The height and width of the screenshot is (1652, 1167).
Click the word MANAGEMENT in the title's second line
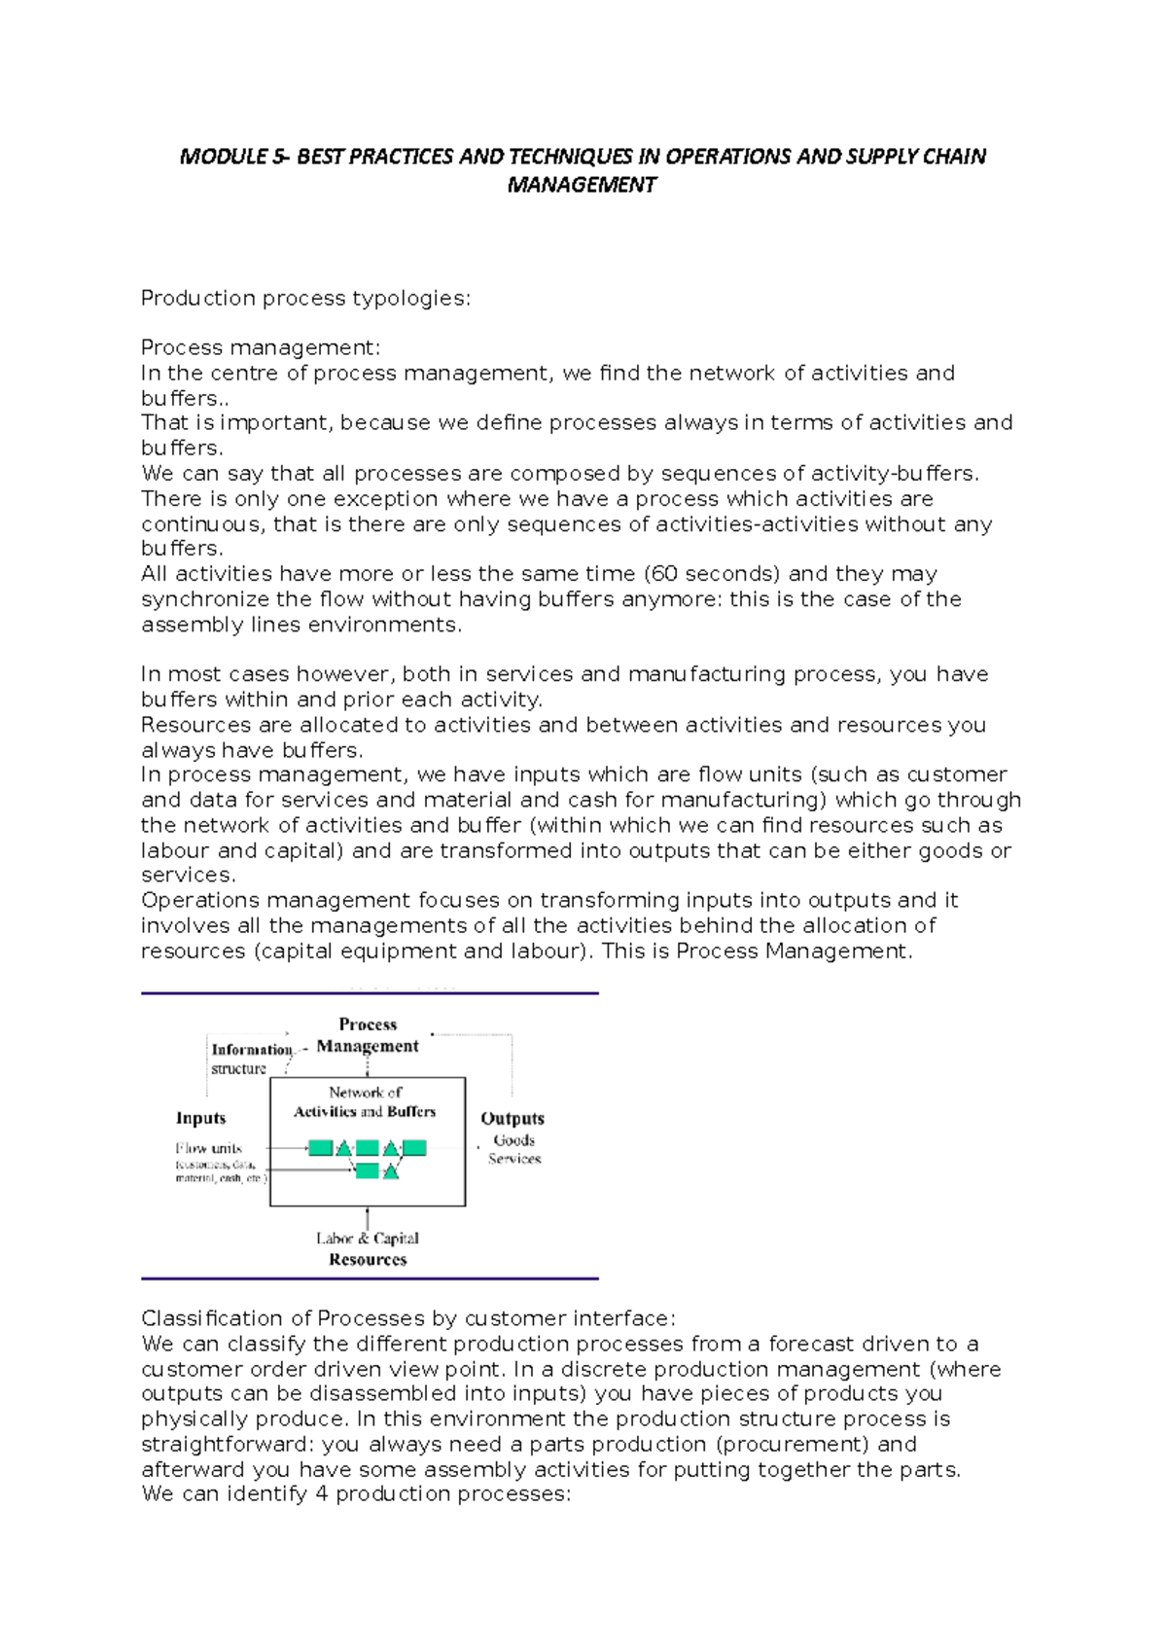[x=582, y=185]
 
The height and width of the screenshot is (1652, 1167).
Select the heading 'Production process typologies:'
[x=305, y=298]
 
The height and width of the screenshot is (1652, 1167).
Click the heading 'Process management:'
[x=261, y=347]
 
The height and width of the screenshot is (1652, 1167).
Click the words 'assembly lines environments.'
[x=301, y=624]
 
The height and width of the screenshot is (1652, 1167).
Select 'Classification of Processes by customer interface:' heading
[x=407, y=1318]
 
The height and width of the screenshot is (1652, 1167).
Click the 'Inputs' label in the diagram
[x=200, y=1118]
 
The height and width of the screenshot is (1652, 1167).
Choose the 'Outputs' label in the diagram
[x=513, y=1119]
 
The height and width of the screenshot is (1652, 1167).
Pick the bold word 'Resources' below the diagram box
[x=368, y=1259]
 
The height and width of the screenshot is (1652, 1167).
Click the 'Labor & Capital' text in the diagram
[x=368, y=1238]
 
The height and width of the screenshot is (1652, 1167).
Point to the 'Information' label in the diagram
[x=252, y=1049]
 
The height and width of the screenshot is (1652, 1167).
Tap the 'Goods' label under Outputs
[x=514, y=1139]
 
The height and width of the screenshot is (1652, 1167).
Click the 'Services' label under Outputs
[x=514, y=1158]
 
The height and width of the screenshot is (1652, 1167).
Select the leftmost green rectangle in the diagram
[x=320, y=1148]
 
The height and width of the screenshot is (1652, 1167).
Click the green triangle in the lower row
[x=391, y=1171]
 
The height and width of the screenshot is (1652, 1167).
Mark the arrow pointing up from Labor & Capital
[x=368, y=1217]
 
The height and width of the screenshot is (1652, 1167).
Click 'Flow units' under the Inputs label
[x=209, y=1148]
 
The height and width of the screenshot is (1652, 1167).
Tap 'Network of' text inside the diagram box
[x=366, y=1093]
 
